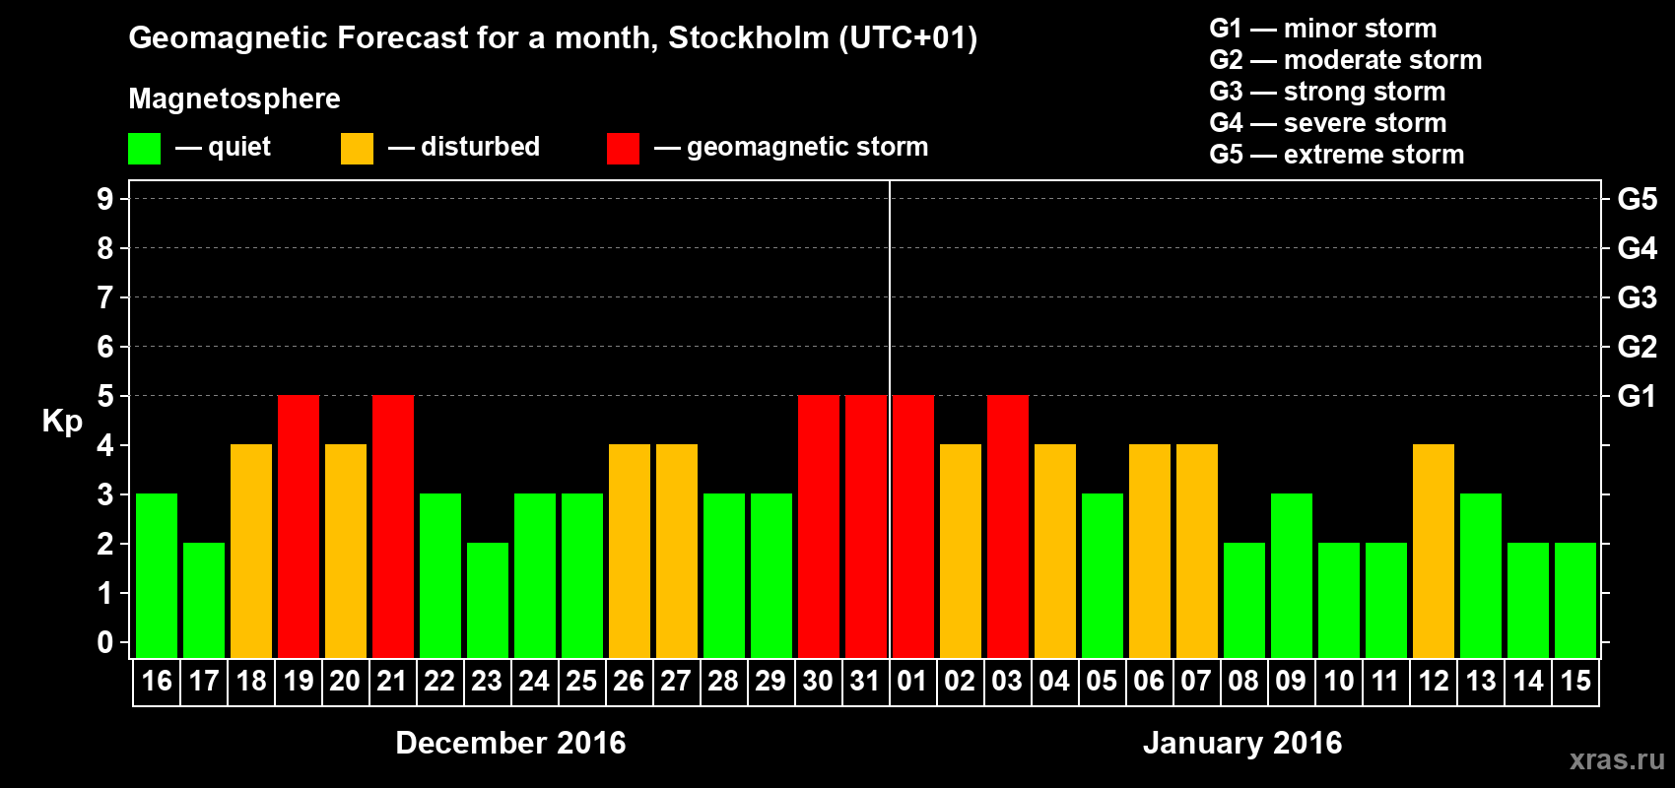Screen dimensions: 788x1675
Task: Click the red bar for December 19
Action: (299, 526)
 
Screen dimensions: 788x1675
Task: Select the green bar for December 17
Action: (204, 600)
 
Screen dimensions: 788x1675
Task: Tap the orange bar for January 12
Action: (1434, 551)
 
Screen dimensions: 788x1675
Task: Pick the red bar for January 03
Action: (1008, 526)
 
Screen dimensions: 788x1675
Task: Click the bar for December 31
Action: (866, 526)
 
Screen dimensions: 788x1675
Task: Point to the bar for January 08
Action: (1244, 600)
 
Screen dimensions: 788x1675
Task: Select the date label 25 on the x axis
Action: (581, 681)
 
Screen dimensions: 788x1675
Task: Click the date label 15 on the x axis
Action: (1575, 681)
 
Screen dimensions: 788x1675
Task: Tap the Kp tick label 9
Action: (105, 199)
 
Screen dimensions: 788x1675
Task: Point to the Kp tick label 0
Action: (105, 642)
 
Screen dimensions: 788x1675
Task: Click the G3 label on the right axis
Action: (1637, 297)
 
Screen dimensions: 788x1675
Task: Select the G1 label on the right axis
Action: (1637, 396)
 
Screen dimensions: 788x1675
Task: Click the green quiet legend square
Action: (144, 149)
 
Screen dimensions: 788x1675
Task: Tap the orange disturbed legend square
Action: (357, 149)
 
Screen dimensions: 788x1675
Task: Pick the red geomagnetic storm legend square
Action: (623, 149)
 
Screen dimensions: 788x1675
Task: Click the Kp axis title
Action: (62, 422)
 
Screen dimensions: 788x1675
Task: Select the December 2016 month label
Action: (510, 743)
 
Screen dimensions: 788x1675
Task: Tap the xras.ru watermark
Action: (1617, 759)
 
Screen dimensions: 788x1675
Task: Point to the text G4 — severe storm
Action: (1328, 123)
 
